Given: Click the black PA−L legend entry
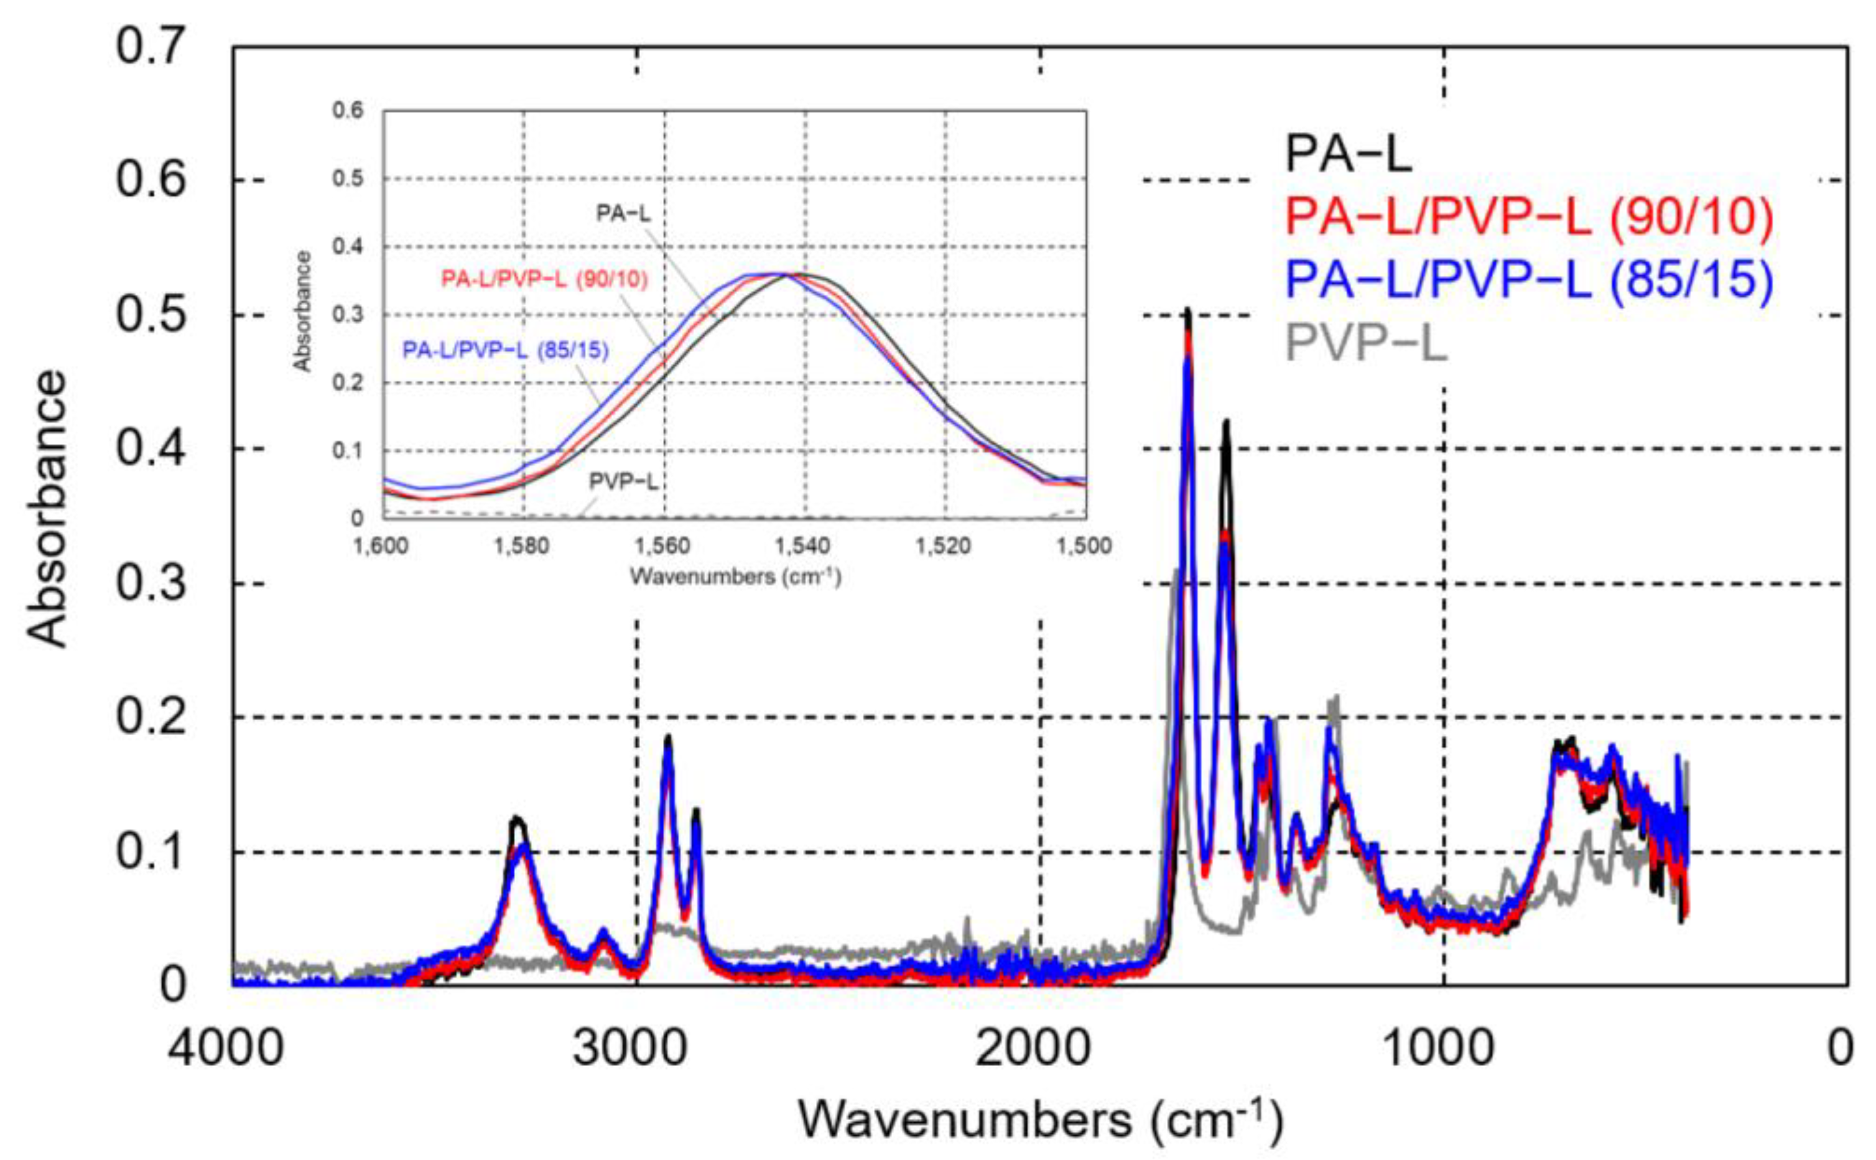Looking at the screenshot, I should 1348,154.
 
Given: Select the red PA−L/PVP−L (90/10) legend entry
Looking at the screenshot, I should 1528,218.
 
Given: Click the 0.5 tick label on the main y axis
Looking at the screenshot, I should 151,315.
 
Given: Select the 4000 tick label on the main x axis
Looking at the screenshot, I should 226,1048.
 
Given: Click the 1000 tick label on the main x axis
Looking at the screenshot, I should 1436,1048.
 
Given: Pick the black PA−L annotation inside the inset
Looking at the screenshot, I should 623,213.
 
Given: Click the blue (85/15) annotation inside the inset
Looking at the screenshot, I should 506,351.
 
